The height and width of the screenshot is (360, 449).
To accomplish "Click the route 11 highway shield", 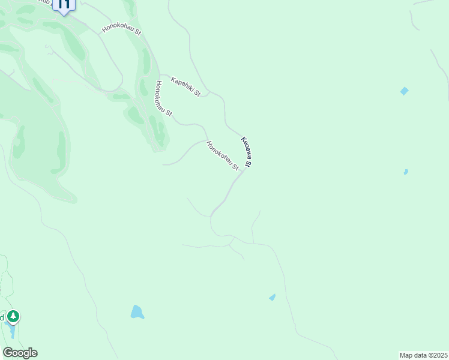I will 64,5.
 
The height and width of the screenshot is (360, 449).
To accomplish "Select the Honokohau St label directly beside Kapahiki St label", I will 164,98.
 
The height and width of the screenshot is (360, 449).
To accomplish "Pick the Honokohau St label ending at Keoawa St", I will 223,155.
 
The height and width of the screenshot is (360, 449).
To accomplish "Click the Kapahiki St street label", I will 185,87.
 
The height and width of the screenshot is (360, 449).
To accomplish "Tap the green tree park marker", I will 13,316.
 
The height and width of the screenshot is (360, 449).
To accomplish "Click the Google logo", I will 20,353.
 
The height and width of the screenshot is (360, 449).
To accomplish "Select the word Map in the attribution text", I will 407,355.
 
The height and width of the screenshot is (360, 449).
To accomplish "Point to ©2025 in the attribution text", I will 436,355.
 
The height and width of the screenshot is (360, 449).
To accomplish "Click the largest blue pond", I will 137,312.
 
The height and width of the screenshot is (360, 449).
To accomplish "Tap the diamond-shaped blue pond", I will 404,91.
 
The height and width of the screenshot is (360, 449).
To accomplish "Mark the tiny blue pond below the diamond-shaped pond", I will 406,172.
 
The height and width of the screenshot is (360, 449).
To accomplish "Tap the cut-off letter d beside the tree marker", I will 2,316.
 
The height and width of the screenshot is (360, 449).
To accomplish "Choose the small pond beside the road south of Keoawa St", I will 273,297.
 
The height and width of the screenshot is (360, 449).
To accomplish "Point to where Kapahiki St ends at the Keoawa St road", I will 208,94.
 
